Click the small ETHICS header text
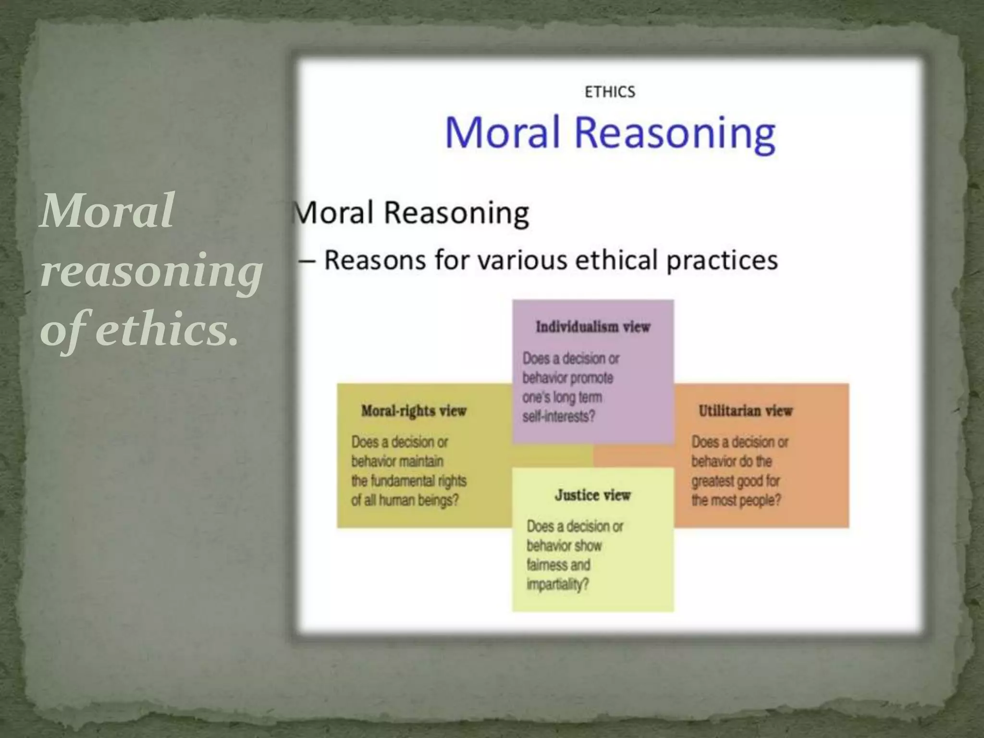(x=610, y=92)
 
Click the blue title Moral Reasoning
(x=610, y=132)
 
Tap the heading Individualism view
(x=593, y=327)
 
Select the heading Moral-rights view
(x=414, y=411)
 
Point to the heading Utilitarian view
(x=745, y=411)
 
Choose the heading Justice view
(x=592, y=495)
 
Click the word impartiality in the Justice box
(x=557, y=585)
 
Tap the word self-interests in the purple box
(x=558, y=417)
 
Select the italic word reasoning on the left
(x=151, y=271)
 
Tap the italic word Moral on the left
(x=107, y=211)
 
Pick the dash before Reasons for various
(x=307, y=261)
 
